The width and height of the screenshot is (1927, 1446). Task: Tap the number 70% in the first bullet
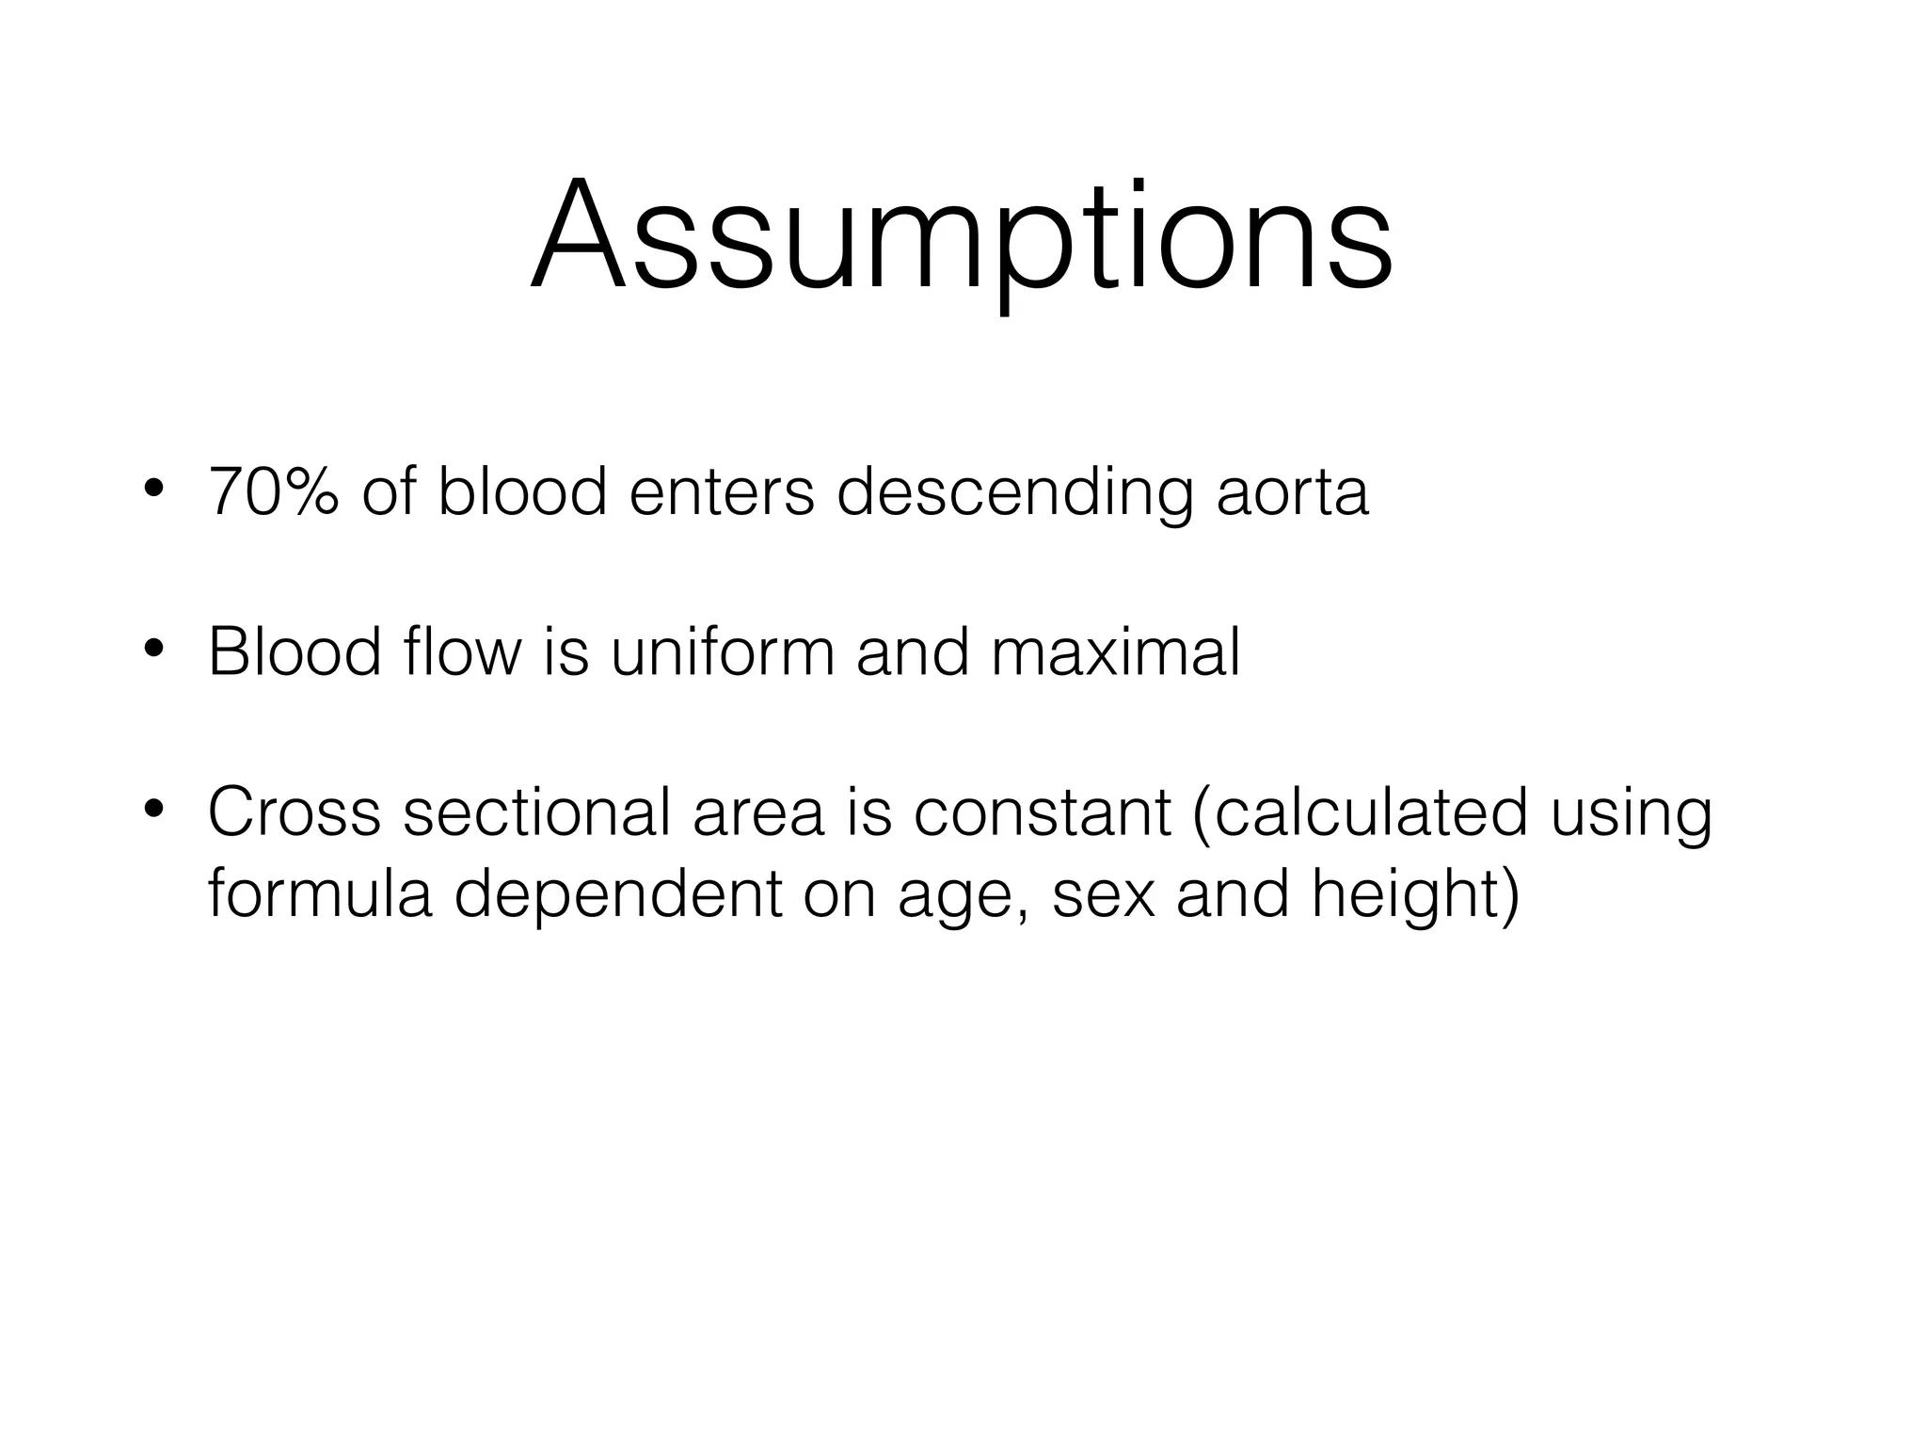click(x=274, y=491)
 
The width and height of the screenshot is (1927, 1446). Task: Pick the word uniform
click(x=722, y=651)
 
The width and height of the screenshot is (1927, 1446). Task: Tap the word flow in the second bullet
click(x=458, y=651)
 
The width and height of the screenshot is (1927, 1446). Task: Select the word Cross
click(x=295, y=811)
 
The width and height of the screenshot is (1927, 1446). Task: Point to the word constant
click(x=1043, y=811)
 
